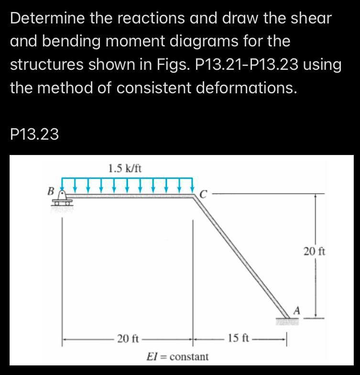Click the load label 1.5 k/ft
125,168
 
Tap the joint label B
49,191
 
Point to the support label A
296,310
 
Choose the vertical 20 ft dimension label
314,251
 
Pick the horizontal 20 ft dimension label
128,339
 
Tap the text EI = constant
177,357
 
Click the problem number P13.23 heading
34,135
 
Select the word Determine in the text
47,18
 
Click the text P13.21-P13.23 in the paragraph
249,65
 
